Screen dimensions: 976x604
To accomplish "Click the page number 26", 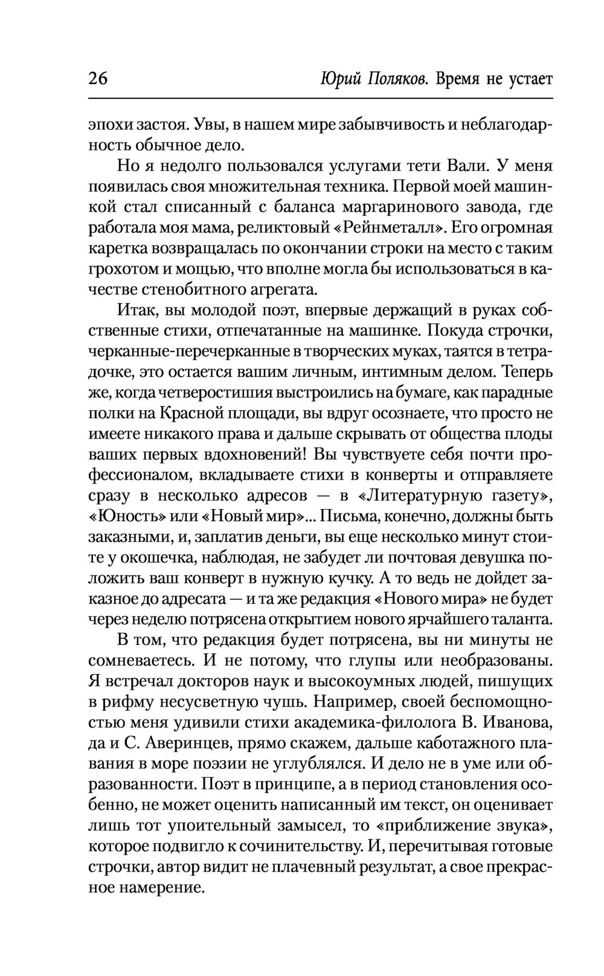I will point(98,80).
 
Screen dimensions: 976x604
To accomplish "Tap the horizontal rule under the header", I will point(320,98).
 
